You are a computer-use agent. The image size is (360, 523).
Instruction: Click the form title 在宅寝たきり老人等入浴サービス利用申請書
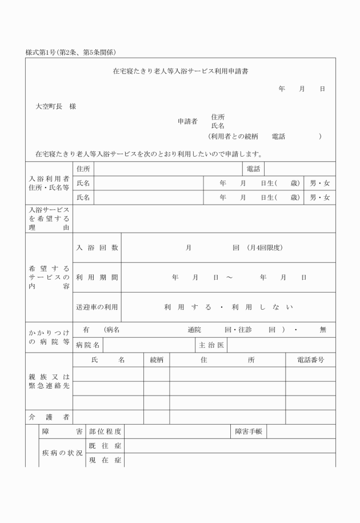(x=180, y=72)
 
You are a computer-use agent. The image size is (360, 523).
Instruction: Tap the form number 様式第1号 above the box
(x=46, y=53)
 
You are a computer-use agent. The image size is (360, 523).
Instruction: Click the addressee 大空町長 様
(x=56, y=106)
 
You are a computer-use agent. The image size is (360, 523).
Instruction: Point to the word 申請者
(x=187, y=121)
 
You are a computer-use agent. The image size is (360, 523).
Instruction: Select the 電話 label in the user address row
(x=253, y=169)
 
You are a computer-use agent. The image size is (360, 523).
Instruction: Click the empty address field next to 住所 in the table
(x=168, y=169)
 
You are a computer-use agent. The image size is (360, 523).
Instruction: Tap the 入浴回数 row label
(x=97, y=247)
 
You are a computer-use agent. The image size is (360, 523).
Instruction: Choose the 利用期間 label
(x=97, y=277)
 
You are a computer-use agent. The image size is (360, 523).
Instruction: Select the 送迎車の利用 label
(x=97, y=307)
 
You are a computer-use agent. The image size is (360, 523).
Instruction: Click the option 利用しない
(x=262, y=307)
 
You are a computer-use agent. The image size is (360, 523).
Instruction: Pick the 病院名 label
(x=88, y=345)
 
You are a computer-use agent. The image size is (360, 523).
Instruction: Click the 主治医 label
(x=211, y=345)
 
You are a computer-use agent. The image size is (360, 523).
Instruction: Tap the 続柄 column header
(x=157, y=360)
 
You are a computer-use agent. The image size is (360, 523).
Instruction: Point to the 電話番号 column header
(x=310, y=360)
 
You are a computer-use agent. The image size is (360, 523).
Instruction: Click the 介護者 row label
(x=49, y=417)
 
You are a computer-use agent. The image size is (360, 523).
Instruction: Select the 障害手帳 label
(x=247, y=432)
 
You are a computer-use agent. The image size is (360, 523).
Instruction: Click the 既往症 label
(x=105, y=446)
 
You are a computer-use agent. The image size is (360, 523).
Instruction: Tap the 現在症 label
(x=105, y=460)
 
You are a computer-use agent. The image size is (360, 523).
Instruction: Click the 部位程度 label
(x=105, y=432)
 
